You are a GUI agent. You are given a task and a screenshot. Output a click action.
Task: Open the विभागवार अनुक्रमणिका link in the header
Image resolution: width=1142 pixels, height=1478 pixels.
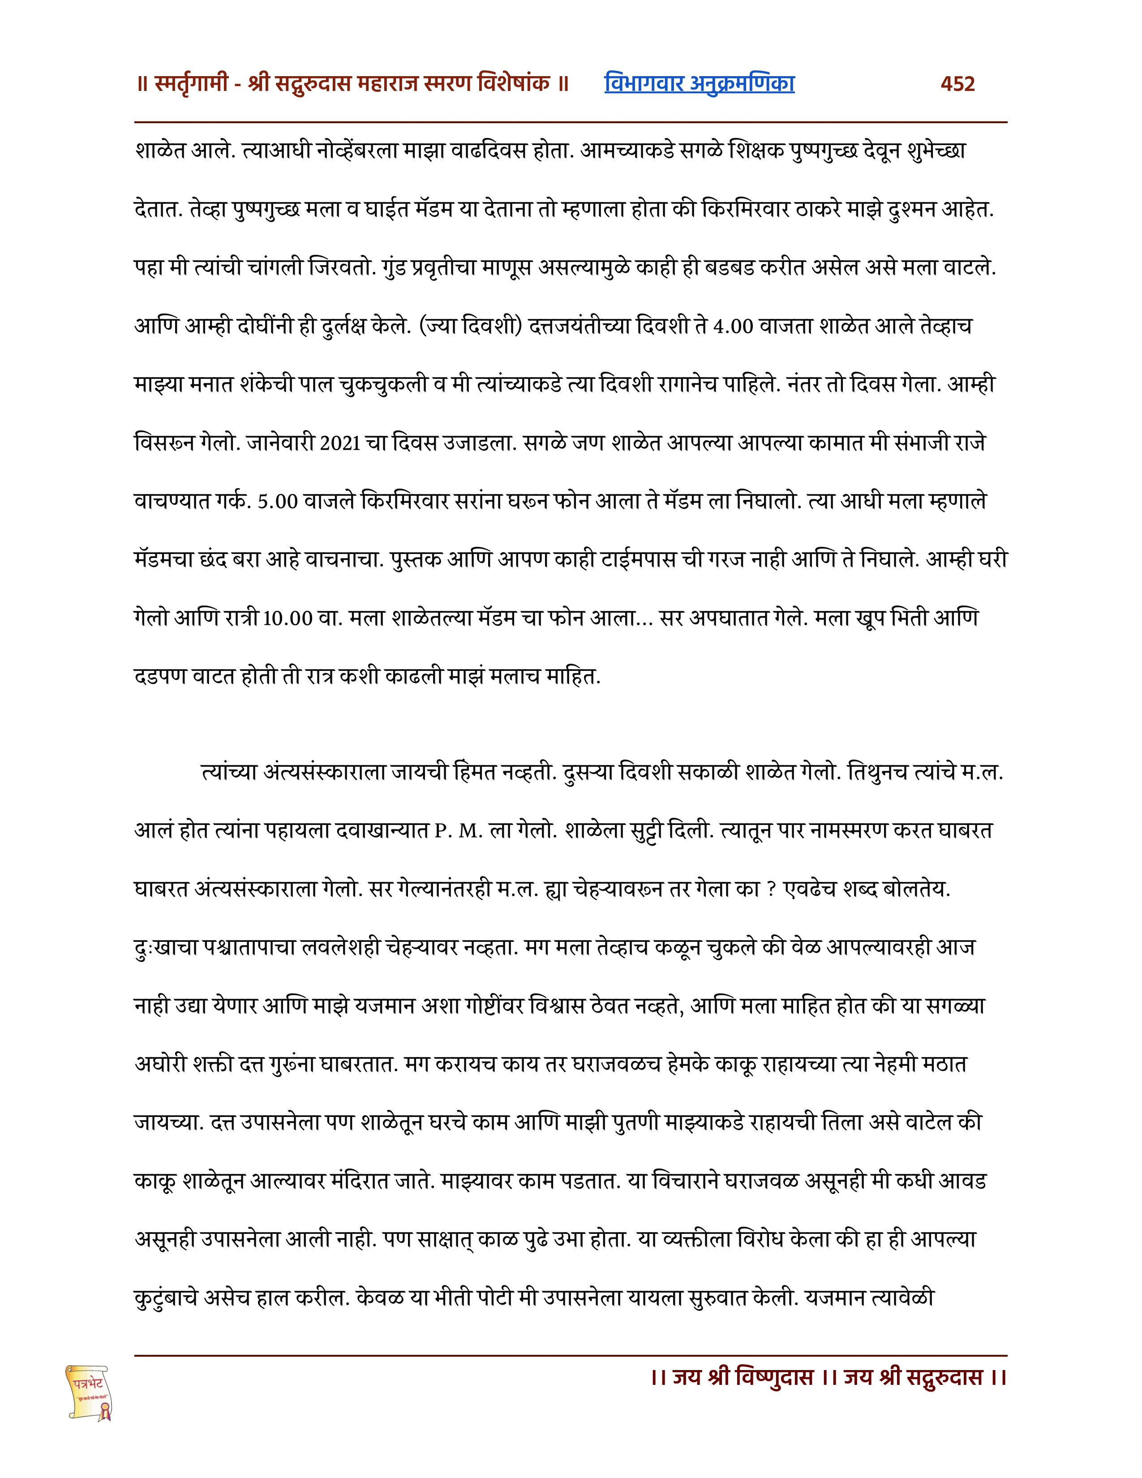click(x=699, y=83)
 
